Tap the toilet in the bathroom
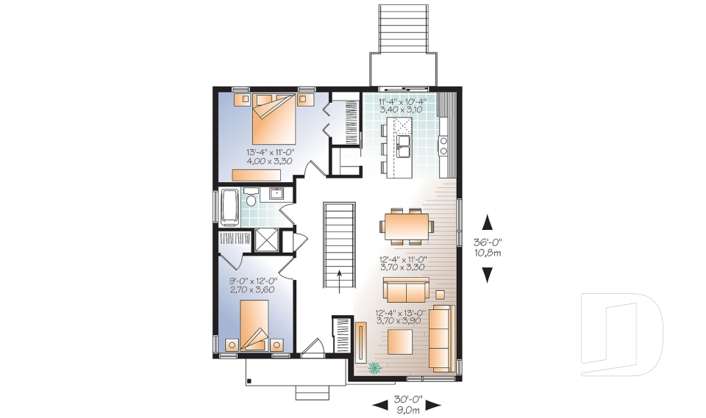click(251, 200)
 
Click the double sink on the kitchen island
click(404, 146)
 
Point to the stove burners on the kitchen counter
click(444, 145)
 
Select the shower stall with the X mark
click(265, 240)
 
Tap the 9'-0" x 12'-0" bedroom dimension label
click(253, 284)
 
